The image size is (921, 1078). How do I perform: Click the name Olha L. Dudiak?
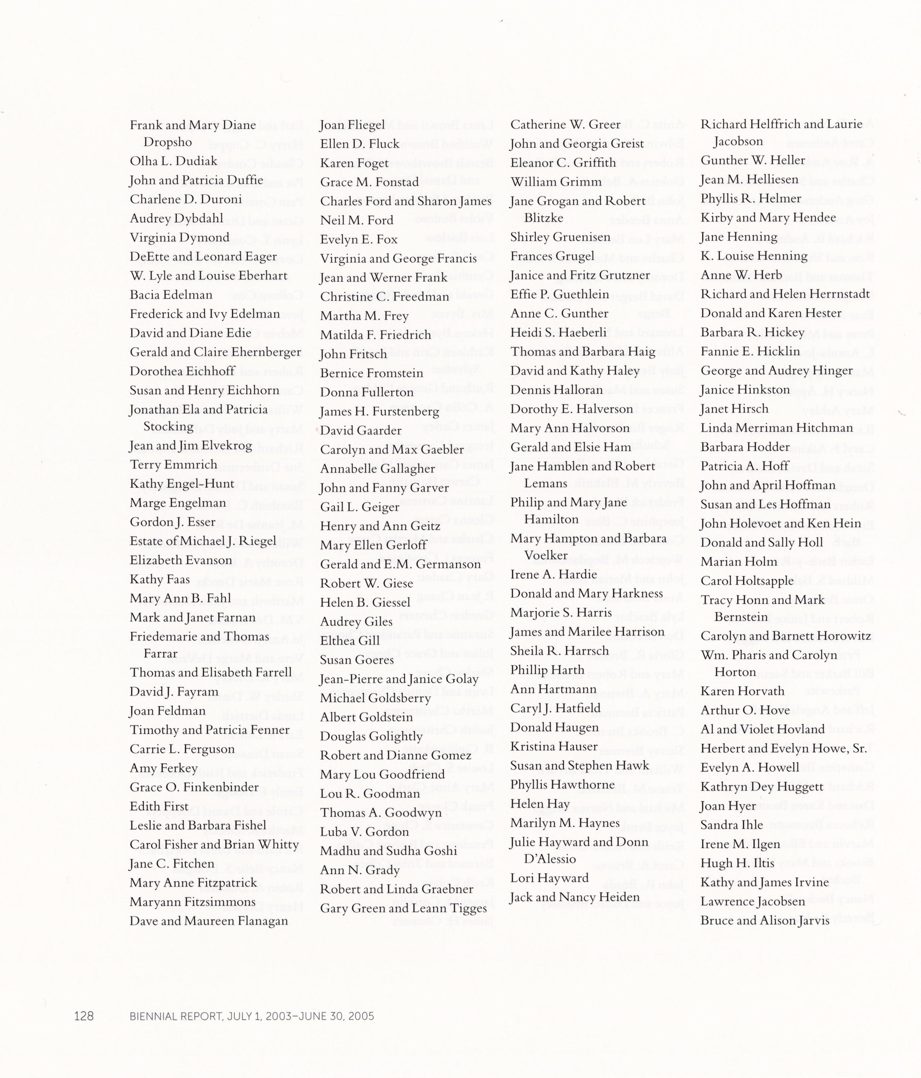pos(173,161)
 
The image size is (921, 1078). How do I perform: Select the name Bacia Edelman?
pos(171,295)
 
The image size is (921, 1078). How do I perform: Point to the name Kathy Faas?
pos(160,579)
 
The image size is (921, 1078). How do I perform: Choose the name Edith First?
pos(159,807)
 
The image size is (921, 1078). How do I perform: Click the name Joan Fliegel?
pos(353,125)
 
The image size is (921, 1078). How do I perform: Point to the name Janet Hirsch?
pos(734,409)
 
